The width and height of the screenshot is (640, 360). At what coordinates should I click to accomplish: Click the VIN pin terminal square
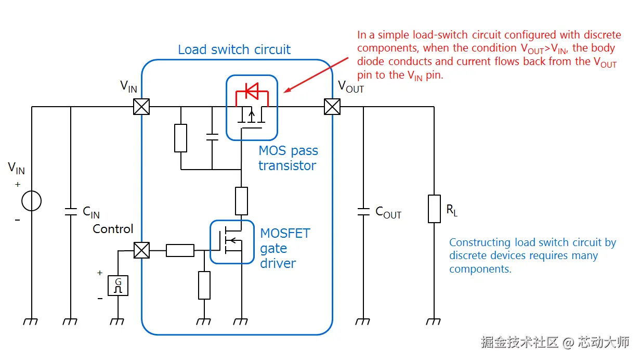[141, 107]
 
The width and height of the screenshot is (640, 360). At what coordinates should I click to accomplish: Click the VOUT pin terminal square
[332, 107]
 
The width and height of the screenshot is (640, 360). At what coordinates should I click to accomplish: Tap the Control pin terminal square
[141, 250]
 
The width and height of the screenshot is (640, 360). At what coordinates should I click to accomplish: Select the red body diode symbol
[252, 92]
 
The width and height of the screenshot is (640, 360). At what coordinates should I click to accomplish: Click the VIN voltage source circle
[32, 201]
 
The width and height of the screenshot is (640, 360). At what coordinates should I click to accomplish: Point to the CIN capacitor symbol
[70, 211]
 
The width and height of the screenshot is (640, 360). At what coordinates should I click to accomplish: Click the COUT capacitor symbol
[363, 211]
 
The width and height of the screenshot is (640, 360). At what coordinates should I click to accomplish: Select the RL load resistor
[434, 209]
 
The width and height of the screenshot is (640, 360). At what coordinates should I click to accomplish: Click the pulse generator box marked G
[118, 286]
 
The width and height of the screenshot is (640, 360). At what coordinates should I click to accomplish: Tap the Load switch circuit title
[234, 50]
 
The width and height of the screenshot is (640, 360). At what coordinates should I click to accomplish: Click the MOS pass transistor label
[288, 158]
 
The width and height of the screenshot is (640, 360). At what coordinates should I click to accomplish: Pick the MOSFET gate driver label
[285, 248]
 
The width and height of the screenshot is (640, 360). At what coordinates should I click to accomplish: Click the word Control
[113, 229]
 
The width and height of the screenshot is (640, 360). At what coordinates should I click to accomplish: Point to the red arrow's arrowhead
[285, 92]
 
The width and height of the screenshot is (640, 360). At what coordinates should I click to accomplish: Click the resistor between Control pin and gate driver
[180, 250]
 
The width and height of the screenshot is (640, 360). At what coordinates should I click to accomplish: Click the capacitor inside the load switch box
[212, 137]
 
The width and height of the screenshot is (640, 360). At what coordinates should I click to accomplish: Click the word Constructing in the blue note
[480, 242]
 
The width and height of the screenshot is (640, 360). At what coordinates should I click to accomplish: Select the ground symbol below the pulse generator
[118, 321]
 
